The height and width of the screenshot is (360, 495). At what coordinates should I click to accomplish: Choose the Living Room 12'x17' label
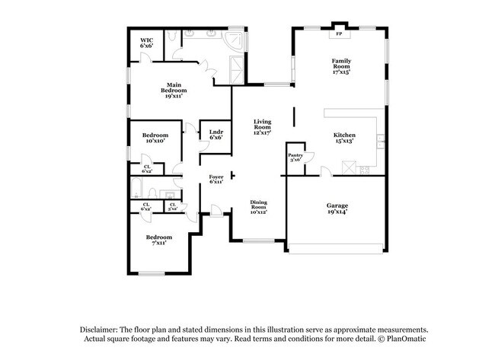pyautogui.click(x=263, y=127)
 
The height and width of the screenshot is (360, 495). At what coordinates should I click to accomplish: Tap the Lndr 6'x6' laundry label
pyautogui.click(x=216, y=135)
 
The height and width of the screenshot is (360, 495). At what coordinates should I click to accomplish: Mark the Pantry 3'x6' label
pyautogui.click(x=295, y=158)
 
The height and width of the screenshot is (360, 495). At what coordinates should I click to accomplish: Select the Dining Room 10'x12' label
pyautogui.click(x=260, y=206)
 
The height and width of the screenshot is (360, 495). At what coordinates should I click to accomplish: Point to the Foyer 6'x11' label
pyautogui.click(x=216, y=179)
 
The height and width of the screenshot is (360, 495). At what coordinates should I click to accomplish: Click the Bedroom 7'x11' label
pyautogui.click(x=159, y=240)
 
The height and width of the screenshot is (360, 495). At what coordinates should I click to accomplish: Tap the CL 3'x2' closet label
pyautogui.click(x=173, y=205)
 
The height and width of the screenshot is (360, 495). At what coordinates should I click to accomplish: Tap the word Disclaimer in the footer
pyautogui.click(x=101, y=329)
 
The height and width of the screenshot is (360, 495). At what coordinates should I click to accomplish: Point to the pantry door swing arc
pyautogui.click(x=324, y=172)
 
